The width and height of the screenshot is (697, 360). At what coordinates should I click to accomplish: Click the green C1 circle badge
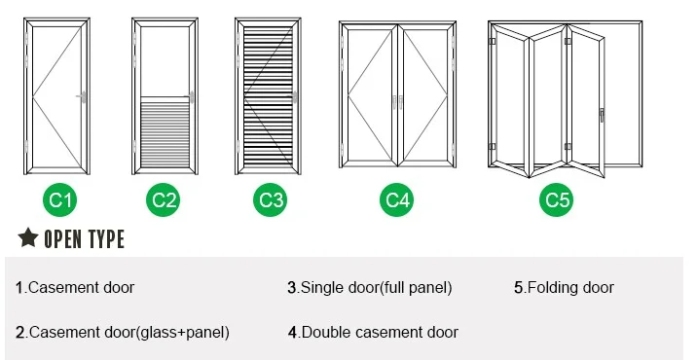[60, 200]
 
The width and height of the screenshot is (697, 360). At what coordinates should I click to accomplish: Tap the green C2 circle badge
[164, 200]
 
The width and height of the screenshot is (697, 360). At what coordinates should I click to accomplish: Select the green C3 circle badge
[271, 200]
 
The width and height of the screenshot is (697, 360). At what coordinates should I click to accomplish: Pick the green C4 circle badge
[396, 200]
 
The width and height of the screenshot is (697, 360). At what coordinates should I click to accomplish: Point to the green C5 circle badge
[557, 200]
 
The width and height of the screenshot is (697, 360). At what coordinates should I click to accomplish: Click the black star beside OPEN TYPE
[28, 237]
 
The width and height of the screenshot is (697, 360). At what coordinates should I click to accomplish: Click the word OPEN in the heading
[62, 239]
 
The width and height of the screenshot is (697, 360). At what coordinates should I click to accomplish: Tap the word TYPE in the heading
[106, 239]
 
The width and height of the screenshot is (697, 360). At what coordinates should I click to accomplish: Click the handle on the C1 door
[82, 97]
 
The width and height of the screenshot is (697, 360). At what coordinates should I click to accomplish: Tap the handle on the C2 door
[190, 97]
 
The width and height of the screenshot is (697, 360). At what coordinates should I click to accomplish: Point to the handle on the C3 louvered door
[294, 97]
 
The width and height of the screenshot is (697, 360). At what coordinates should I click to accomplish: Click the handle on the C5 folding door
[602, 115]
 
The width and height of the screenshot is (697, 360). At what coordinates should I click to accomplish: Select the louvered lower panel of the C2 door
[165, 134]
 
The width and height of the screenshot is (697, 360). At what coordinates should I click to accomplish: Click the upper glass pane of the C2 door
[165, 61]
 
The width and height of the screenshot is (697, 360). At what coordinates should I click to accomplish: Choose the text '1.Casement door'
[75, 288]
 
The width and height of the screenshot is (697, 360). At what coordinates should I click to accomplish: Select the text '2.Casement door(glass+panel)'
[123, 333]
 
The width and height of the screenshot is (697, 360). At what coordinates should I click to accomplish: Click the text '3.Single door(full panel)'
[370, 288]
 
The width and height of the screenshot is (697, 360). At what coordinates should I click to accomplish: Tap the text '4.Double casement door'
[373, 333]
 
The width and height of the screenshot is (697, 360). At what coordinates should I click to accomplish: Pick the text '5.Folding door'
[564, 288]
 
